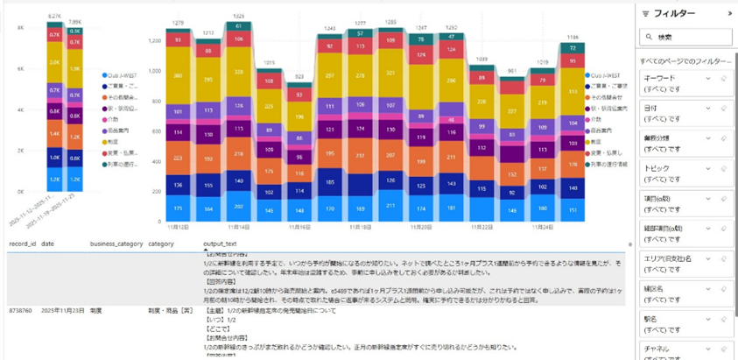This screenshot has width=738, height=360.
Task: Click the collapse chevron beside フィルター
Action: pos(730,13)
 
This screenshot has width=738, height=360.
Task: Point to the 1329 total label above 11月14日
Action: pos(237,18)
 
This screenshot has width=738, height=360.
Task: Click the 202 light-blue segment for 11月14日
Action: pos(237,206)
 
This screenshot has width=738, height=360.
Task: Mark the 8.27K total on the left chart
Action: pos(54,16)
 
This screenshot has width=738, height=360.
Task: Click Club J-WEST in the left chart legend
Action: pos(119,75)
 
